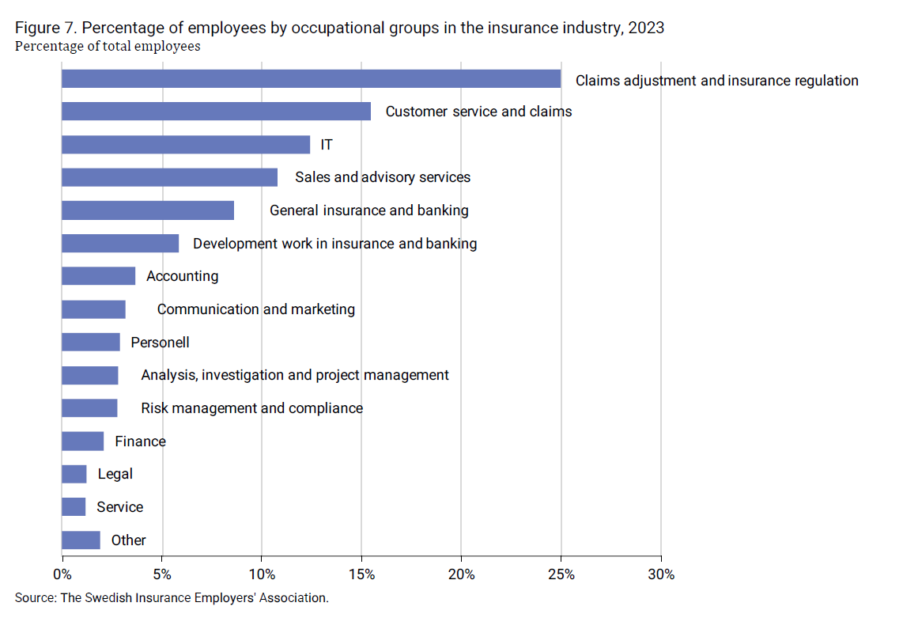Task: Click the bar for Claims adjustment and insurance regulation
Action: click(311, 79)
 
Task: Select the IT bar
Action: click(186, 145)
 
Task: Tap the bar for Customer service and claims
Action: click(216, 112)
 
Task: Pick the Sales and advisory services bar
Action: click(169, 177)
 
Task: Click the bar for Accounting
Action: click(98, 276)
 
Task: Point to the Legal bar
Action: click(74, 474)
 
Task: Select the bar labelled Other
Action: click(81, 540)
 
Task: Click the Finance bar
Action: click(83, 441)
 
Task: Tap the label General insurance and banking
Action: click(368, 210)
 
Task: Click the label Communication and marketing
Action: click(255, 309)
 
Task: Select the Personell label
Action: click(160, 343)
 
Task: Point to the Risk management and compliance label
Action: click(251, 408)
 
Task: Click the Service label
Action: click(119, 507)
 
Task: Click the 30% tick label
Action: click(660, 574)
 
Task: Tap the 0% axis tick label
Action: click(62, 574)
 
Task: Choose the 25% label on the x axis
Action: click(561, 574)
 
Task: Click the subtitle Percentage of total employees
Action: click(108, 46)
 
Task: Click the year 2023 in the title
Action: click(646, 28)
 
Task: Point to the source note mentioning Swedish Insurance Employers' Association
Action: click(171, 598)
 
